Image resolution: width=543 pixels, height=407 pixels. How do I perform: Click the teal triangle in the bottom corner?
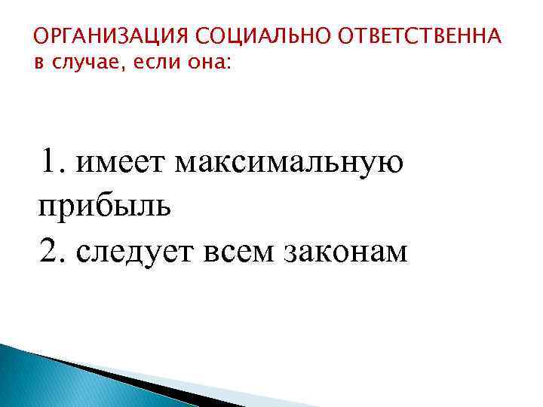click(x=45, y=381)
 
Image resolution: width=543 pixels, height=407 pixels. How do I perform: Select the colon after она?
click(x=232, y=63)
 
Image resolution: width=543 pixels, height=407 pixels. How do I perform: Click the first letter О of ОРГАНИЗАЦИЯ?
click(x=42, y=38)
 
